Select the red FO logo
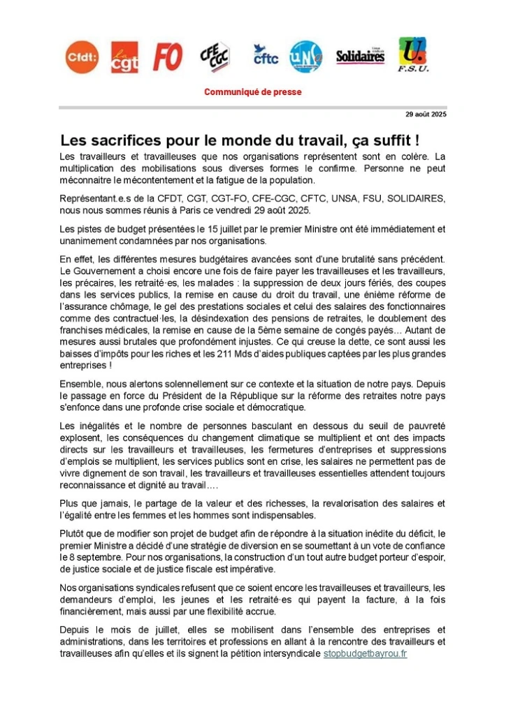click(168, 57)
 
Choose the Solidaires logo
click(361, 57)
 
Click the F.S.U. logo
click(414, 55)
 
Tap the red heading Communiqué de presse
click(253, 92)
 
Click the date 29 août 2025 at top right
click(426, 115)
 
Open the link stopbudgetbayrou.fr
click(365, 653)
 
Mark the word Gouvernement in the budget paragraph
click(104, 270)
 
